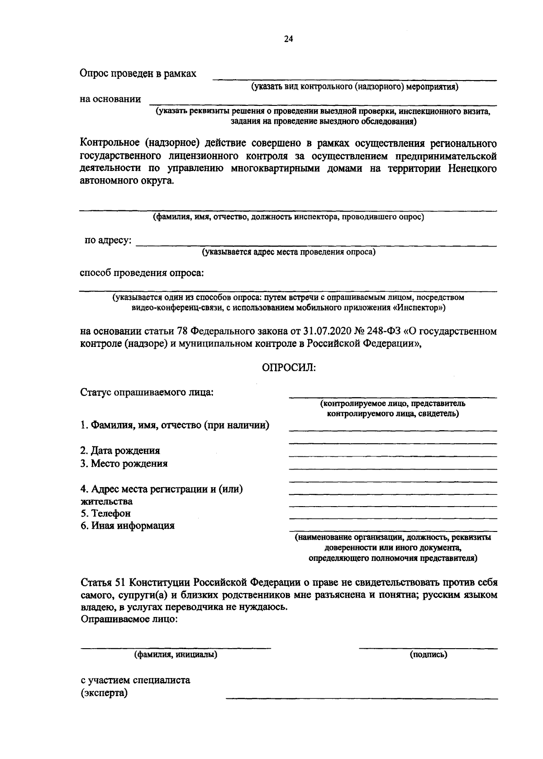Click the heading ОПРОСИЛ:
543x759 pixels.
pyautogui.click(x=289, y=367)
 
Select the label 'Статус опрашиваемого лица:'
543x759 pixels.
pyautogui.click(x=147, y=392)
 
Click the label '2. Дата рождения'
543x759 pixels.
pyautogui.click(x=120, y=451)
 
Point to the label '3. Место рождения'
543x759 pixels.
pyautogui.click(x=124, y=463)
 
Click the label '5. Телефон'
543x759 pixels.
pyautogui.click(x=105, y=513)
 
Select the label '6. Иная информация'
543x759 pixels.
pyautogui.click(x=127, y=526)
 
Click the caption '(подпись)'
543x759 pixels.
pyautogui.click(x=428, y=654)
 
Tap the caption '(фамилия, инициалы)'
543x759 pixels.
pyautogui.click(x=176, y=654)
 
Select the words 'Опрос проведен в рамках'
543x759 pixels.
pyautogui.click(x=138, y=73)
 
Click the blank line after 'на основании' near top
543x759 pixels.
pyautogui.click(x=322, y=103)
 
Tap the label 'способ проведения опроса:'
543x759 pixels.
pyautogui.click(x=142, y=273)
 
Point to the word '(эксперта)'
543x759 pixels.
pyautogui.click(x=104, y=693)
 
